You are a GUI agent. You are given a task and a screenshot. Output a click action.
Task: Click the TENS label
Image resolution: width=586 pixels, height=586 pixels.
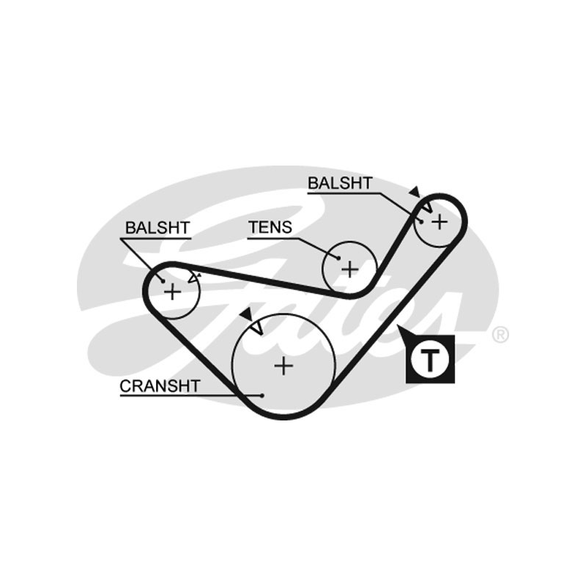(270, 228)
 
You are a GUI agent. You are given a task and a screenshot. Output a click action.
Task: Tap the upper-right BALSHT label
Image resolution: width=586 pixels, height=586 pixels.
(340, 183)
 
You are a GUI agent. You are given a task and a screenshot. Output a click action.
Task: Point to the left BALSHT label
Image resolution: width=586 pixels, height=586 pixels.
(157, 228)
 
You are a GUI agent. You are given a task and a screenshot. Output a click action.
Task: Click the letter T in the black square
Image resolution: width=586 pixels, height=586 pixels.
(430, 359)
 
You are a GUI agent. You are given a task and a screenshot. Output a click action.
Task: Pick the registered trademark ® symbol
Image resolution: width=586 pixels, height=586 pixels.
(500, 335)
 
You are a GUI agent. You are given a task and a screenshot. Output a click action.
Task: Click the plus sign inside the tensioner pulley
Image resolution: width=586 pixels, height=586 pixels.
(350, 269)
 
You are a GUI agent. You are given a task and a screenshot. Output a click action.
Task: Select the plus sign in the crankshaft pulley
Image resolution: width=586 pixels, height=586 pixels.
(283, 365)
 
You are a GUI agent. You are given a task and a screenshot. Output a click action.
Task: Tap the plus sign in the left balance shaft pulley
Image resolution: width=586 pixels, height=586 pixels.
(172, 292)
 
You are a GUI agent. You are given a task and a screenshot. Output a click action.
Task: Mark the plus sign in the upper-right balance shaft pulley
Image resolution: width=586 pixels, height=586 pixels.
(438, 220)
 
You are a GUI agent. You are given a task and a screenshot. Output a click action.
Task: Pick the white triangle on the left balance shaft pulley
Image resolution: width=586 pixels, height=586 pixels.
(194, 278)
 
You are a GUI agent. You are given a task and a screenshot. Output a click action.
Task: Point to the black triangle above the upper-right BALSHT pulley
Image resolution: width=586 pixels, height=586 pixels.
(415, 191)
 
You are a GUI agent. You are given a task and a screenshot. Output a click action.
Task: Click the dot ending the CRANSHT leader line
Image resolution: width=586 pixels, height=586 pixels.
(261, 395)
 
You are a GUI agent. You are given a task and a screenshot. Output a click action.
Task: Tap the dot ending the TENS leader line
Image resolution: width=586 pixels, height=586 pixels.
(338, 258)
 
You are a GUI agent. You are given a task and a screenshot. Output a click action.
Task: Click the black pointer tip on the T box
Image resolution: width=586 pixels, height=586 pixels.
(401, 330)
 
